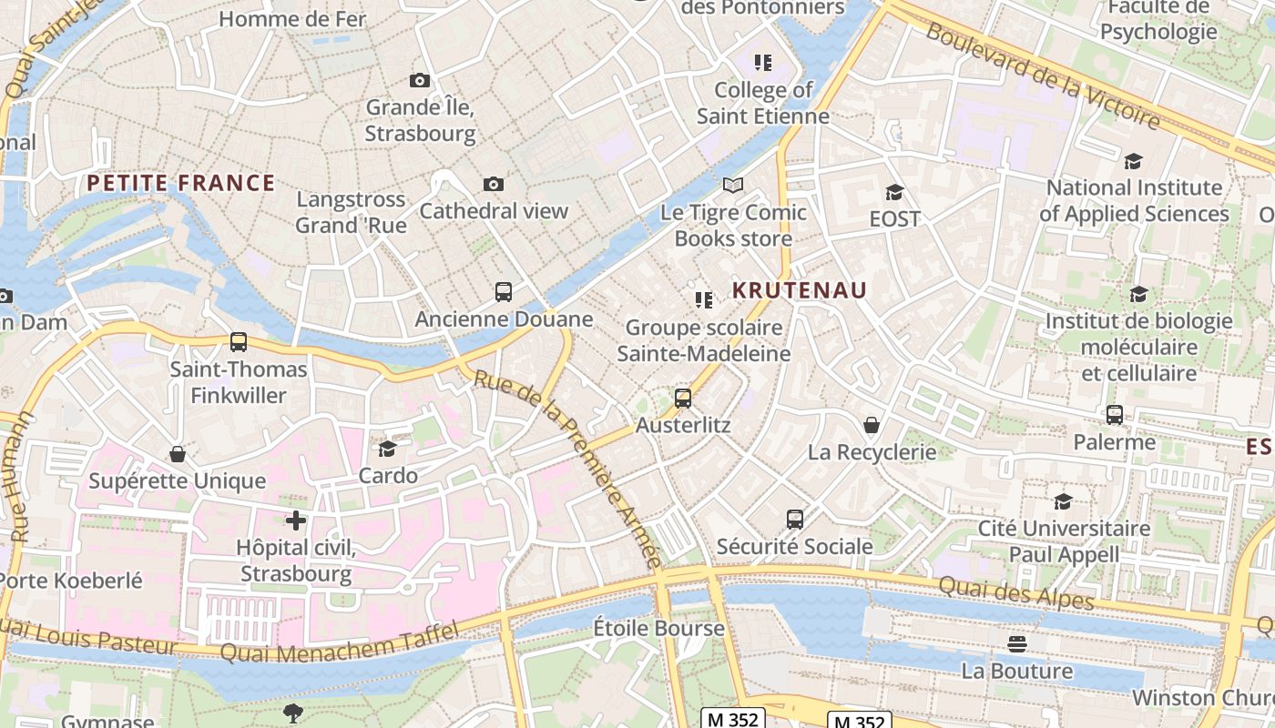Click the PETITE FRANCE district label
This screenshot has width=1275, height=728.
point(180,183)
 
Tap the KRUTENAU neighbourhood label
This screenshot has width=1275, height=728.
point(800,290)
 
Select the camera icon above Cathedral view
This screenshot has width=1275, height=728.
point(493,185)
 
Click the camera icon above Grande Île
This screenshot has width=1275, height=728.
point(419,81)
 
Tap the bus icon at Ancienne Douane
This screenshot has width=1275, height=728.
point(504,292)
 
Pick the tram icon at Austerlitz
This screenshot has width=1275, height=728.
point(683,398)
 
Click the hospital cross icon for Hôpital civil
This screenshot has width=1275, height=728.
point(295,521)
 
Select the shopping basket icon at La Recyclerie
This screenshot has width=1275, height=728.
point(872,425)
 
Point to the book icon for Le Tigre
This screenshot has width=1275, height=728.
point(733,186)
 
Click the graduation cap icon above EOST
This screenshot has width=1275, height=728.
point(894,192)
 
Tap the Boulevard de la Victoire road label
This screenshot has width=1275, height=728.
point(1043,75)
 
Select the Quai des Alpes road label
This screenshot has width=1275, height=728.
point(1015,594)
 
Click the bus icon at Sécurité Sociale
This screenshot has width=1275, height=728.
point(795,520)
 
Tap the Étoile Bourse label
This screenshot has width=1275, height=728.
point(658,628)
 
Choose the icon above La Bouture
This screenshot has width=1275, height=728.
point(1017,644)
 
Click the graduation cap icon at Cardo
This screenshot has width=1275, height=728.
point(388,449)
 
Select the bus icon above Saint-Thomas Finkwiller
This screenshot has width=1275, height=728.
point(239,342)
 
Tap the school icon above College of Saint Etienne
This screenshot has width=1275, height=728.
point(763,63)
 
